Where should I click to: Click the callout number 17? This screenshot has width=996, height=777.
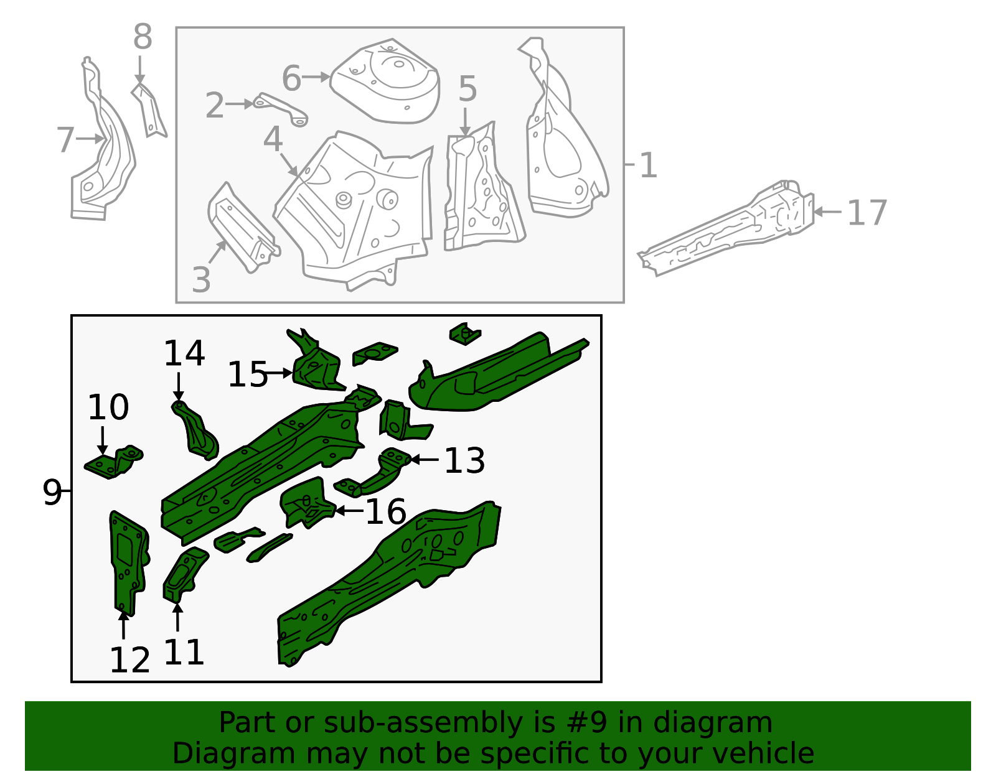pos(867,213)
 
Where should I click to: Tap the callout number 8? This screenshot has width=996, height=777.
pos(143,37)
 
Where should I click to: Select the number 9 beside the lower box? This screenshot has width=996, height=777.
pos(52,492)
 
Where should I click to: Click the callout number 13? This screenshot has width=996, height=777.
pos(464,461)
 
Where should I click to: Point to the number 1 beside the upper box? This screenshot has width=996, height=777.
pos(648,165)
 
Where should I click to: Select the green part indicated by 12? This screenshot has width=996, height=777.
pos(128,560)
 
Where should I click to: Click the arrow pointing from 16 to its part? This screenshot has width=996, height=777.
pos(349,511)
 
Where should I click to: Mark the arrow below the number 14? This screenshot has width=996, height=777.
pos(179,386)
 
